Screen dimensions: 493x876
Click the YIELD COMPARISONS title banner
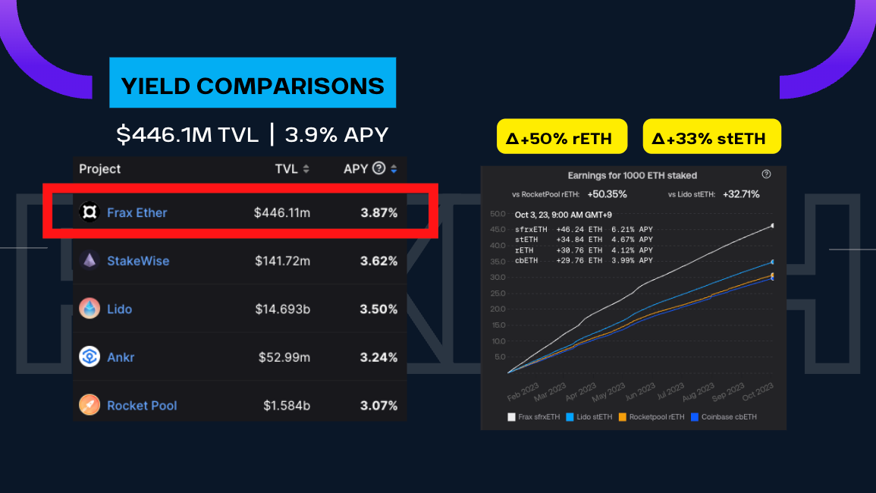(x=253, y=85)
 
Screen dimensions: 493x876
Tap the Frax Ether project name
(x=137, y=212)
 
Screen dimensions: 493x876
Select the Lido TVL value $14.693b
(x=282, y=309)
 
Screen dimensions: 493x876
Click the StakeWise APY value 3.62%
(x=379, y=261)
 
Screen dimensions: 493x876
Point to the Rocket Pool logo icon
(x=89, y=405)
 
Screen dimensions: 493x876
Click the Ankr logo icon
(x=89, y=356)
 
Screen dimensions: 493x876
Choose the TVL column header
(x=287, y=168)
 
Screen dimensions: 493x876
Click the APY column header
(x=356, y=168)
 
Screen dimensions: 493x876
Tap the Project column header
(x=100, y=168)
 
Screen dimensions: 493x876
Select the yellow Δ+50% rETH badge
(x=562, y=138)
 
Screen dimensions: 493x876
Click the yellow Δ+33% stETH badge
(x=711, y=138)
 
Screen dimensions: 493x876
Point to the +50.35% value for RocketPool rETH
(x=607, y=194)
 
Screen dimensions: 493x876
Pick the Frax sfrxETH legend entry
(x=535, y=416)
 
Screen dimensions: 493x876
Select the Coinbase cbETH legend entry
(x=724, y=416)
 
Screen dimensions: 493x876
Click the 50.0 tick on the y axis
(x=498, y=213)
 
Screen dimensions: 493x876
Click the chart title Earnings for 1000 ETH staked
(x=632, y=175)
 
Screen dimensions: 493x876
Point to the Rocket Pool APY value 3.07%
(x=379, y=405)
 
